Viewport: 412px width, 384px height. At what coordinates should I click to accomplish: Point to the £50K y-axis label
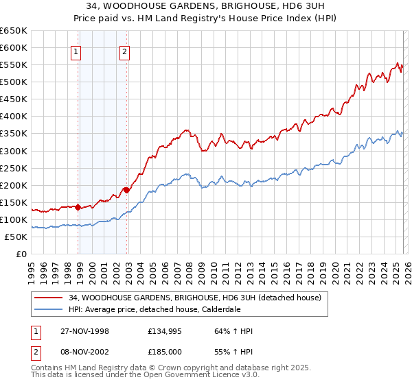tap(15, 237)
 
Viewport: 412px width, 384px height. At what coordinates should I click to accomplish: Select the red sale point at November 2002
tap(126, 190)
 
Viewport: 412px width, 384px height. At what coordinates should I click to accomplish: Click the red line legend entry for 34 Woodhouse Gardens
tap(199, 297)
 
